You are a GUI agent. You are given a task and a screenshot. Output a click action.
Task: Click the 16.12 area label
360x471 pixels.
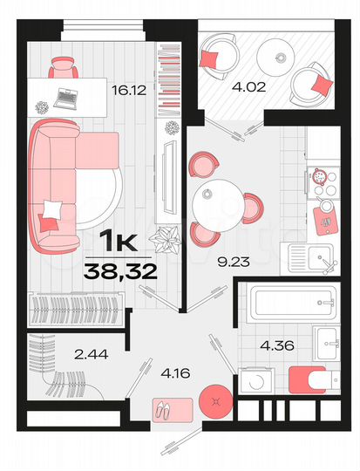click(129, 88)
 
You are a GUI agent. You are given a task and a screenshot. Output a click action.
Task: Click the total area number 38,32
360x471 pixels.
click(120, 271)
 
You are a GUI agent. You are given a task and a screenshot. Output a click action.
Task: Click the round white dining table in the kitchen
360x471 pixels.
click(214, 196)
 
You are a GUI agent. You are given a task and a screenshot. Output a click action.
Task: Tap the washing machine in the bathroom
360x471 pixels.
click(252, 380)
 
